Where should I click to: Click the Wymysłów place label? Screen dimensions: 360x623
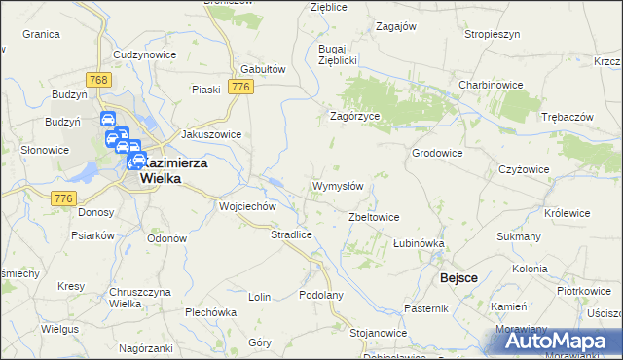[x=337, y=186]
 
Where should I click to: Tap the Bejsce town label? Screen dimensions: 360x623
[x=458, y=277]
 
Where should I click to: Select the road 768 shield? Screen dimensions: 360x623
[x=95, y=78]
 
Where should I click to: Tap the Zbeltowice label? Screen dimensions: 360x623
[x=374, y=217]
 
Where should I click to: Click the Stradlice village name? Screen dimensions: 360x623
[x=290, y=234]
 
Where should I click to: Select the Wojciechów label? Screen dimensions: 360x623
[x=249, y=207]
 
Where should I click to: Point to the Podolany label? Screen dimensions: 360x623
[x=322, y=295]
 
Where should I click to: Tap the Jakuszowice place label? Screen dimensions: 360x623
[x=211, y=135]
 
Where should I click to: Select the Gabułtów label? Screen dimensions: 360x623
[x=262, y=70]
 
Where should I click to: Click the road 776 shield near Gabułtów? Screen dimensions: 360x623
[x=241, y=88]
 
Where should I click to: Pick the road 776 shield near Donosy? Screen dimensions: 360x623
[x=64, y=198]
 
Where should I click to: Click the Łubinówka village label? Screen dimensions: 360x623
[x=419, y=243]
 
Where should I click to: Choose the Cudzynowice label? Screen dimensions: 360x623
[x=144, y=54]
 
